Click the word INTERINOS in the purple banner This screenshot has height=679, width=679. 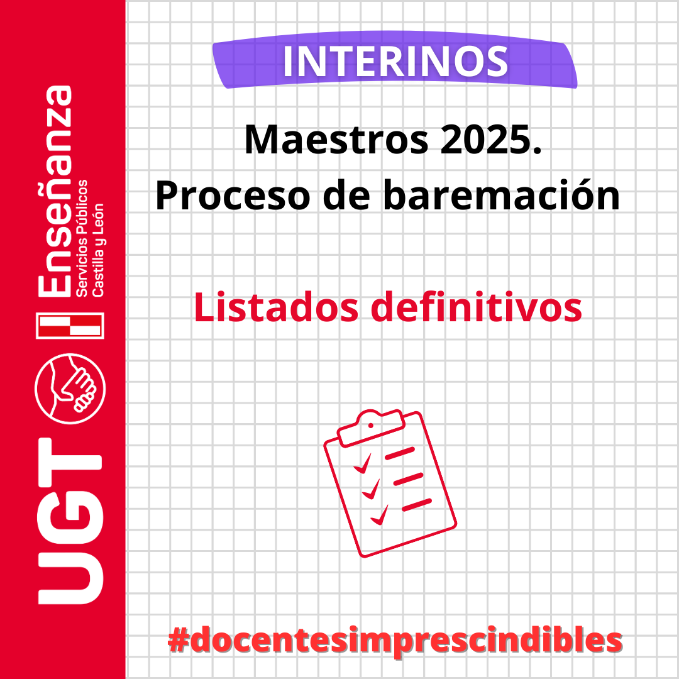click(395, 62)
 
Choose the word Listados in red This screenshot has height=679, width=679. click(276, 307)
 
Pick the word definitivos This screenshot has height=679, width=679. click(477, 306)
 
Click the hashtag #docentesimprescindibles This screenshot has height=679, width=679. click(395, 641)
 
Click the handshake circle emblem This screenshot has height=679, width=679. click(70, 389)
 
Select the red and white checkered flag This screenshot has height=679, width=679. click(70, 326)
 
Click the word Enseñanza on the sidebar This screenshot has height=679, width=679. click(55, 190)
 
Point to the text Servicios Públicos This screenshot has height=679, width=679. click(81, 238)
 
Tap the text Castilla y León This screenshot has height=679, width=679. click(98, 250)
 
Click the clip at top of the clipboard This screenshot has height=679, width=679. click(371, 427)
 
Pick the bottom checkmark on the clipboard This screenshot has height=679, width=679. click(379, 516)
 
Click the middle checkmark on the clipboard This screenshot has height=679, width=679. click(371, 490)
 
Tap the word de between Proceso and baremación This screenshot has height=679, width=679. click(347, 195)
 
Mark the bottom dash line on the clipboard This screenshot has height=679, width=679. click(417, 505)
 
